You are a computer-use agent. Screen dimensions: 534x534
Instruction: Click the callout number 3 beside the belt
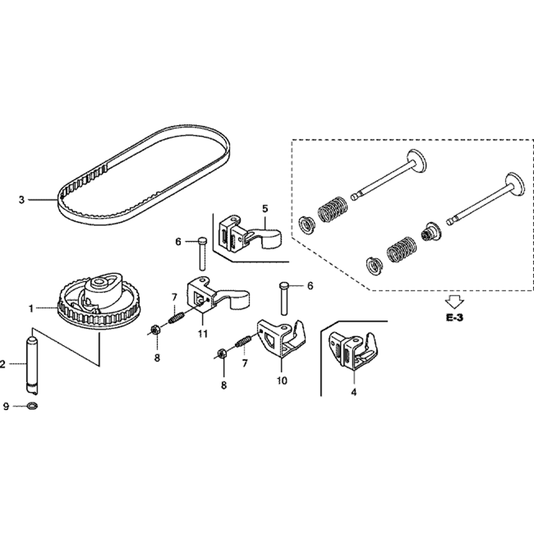click(21, 200)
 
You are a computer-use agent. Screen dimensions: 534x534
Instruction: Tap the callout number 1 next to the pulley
click(31, 309)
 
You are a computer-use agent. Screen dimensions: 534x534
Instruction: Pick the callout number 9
click(6, 407)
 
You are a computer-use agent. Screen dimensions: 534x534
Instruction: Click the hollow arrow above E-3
click(455, 301)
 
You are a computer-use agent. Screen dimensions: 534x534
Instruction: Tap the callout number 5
click(265, 209)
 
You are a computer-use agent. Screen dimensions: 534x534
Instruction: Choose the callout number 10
click(282, 381)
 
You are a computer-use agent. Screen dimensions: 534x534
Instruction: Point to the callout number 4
click(354, 392)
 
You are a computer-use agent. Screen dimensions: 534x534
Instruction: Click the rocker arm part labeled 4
click(352, 350)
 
